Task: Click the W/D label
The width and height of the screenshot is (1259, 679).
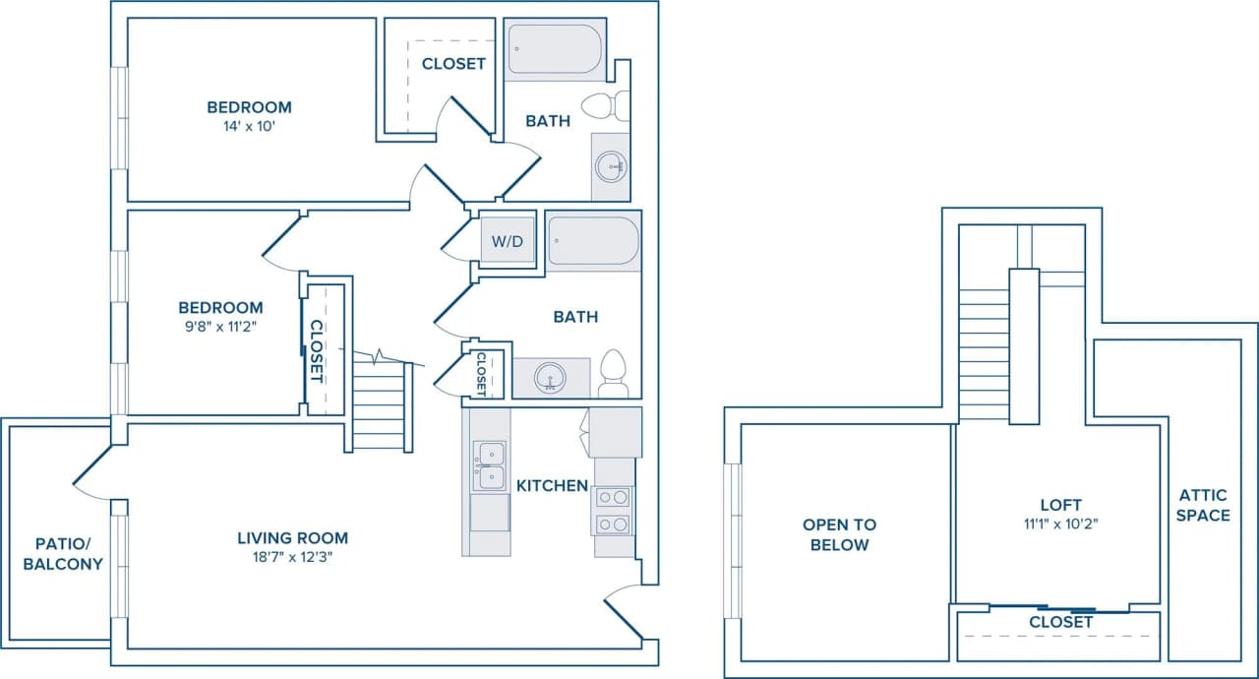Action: (x=508, y=241)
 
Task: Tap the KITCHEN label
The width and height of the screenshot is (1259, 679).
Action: (x=552, y=485)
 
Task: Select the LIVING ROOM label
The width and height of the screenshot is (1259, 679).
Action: (x=292, y=538)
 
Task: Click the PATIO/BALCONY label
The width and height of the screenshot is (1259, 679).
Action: (x=63, y=555)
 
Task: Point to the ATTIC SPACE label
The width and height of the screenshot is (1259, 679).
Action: (x=1203, y=506)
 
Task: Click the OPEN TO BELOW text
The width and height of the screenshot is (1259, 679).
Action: (x=839, y=534)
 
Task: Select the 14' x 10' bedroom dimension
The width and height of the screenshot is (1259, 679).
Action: (x=249, y=127)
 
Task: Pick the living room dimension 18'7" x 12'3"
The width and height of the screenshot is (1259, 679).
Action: (x=292, y=558)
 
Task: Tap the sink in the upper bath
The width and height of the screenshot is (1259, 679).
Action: (x=612, y=165)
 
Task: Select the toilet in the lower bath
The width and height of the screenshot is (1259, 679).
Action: (x=613, y=374)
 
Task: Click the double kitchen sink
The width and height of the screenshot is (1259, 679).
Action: (x=489, y=465)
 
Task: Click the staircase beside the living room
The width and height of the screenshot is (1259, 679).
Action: (x=379, y=403)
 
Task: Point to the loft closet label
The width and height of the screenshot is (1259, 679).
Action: (x=1060, y=622)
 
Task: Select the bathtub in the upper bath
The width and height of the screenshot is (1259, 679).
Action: (x=554, y=49)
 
